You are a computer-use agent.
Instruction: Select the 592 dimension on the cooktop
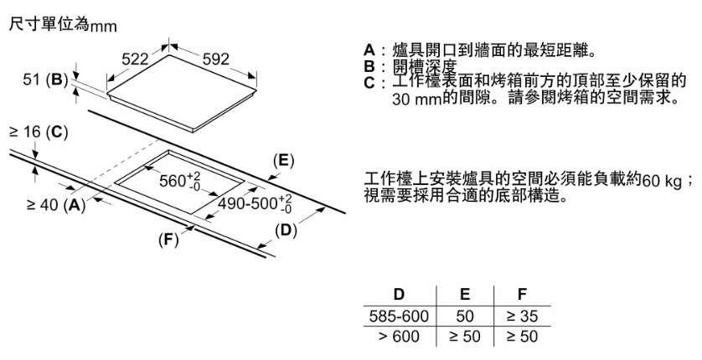click(x=215, y=59)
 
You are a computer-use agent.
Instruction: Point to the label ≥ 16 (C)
click(x=37, y=131)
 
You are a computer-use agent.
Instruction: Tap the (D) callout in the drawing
click(x=287, y=229)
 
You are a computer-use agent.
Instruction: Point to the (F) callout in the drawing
click(x=169, y=239)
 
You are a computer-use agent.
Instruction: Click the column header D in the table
click(x=399, y=296)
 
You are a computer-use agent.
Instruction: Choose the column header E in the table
click(x=465, y=296)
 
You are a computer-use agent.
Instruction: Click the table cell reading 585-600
click(x=399, y=316)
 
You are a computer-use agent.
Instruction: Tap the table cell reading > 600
click(x=399, y=336)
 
